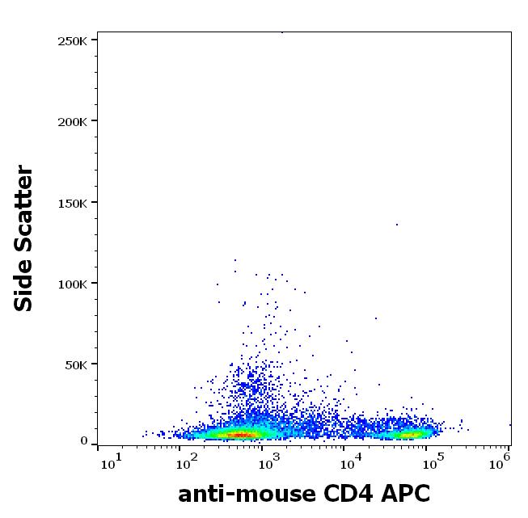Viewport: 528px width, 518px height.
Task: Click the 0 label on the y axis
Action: tap(84, 441)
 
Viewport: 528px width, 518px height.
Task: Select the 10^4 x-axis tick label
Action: tap(350, 461)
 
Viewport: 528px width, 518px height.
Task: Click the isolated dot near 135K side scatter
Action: tap(397, 225)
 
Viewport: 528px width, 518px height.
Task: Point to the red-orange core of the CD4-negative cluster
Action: tap(243, 435)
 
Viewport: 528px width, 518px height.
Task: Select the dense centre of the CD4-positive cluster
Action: tap(412, 434)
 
